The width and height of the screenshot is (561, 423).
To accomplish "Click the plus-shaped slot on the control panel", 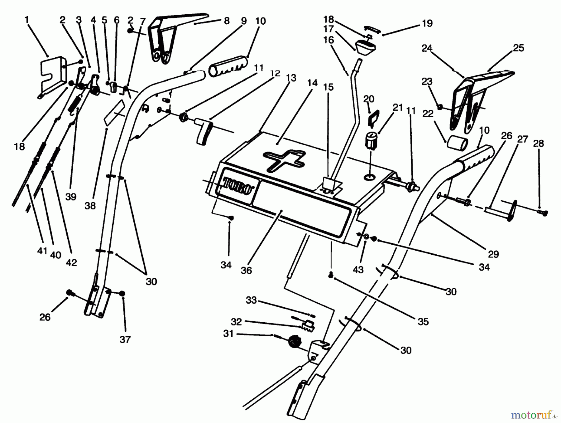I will point(284,160).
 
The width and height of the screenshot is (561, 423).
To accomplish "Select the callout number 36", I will point(246,270).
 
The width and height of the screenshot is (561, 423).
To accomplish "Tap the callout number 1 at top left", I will point(27,20).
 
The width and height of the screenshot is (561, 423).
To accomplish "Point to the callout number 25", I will point(518,48).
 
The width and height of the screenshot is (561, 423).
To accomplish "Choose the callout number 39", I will point(71,197).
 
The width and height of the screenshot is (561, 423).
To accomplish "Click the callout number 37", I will point(125,339).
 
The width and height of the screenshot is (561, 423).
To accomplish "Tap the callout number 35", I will point(423,321).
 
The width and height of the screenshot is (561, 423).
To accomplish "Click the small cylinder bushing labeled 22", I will point(457,144).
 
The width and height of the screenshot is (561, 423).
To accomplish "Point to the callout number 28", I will point(538,143).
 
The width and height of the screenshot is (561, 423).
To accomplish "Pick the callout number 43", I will point(358,270).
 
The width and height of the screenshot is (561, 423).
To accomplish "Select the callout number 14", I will point(312,83).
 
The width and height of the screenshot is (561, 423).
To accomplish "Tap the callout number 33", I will point(251,300).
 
